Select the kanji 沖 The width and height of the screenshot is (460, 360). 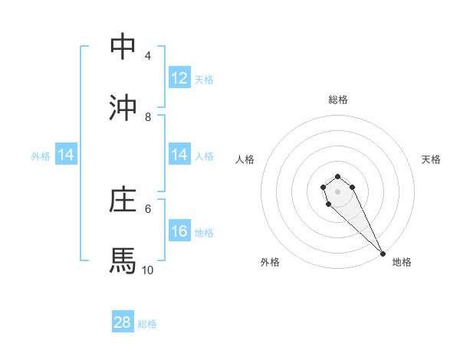click(123, 108)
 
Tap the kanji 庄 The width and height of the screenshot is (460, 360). click(123, 200)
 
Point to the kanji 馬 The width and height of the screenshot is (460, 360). click(123, 260)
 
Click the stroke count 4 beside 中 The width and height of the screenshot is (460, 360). click(147, 56)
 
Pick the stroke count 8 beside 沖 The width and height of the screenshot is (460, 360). click(147, 116)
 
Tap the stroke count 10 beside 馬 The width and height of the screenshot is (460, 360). click(148, 270)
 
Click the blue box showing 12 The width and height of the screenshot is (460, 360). click(179, 78)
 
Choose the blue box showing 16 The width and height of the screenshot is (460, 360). click(179, 231)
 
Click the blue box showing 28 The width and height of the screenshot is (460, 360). click(123, 322)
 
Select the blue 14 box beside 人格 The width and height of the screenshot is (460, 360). click(179, 155)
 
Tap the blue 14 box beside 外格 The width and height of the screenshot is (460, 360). click(66, 155)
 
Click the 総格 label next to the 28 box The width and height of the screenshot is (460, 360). click(147, 324)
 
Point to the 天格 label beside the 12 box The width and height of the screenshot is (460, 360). click(204, 79)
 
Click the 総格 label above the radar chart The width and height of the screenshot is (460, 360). click(337, 100)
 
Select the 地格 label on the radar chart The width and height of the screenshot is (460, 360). click(402, 262)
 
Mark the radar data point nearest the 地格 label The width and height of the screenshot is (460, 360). click(383, 254)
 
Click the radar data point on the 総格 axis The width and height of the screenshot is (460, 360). click(337, 177)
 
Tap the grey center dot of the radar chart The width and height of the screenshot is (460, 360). click(337, 191)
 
